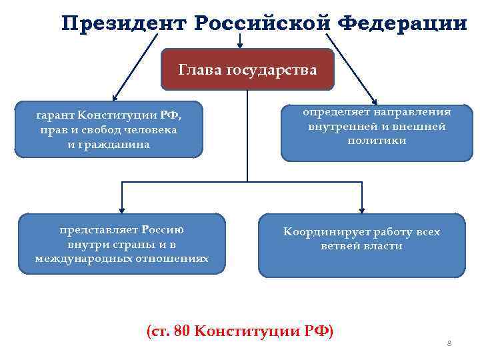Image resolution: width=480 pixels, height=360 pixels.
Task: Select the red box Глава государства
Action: pyautogui.click(x=247, y=69)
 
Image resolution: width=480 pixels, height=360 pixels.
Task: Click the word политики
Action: pyautogui.click(x=377, y=141)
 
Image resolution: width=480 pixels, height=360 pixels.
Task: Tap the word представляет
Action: pyautogui.click(x=99, y=230)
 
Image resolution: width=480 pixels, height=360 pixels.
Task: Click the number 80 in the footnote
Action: pyautogui.click(x=181, y=331)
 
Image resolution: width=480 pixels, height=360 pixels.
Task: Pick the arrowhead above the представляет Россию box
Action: pyautogui.click(x=121, y=207)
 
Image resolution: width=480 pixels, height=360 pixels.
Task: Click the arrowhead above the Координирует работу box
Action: pyautogui.click(x=362, y=208)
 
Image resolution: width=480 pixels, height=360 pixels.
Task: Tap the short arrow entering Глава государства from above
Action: pyautogui.click(x=240, y=44)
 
